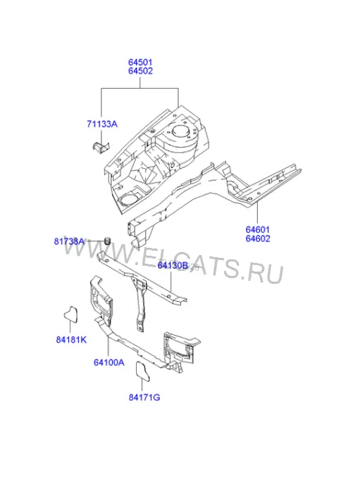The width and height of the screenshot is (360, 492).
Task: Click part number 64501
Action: point(140,62)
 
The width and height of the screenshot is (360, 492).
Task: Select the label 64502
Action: point(140,71)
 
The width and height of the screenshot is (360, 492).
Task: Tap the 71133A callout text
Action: point(102,124)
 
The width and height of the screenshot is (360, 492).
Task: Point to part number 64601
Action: point(258,230)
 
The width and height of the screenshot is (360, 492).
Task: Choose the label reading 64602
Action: point(258,238)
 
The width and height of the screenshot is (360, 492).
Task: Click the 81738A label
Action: point(69,241)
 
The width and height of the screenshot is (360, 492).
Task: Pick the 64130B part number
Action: point(173,266)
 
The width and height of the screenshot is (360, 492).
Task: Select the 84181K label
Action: point(71,339)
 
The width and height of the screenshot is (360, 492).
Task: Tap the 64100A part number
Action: point(109,362)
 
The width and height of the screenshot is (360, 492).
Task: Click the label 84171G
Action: point(144,397)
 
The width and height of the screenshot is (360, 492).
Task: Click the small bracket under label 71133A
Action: point(101,147)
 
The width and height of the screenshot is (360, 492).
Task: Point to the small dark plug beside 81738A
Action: point(107,241)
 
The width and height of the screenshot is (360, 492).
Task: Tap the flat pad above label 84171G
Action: point(143,372)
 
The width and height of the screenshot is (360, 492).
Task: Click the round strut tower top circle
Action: point(181,131)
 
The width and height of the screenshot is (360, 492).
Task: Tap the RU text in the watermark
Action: point(265,273)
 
